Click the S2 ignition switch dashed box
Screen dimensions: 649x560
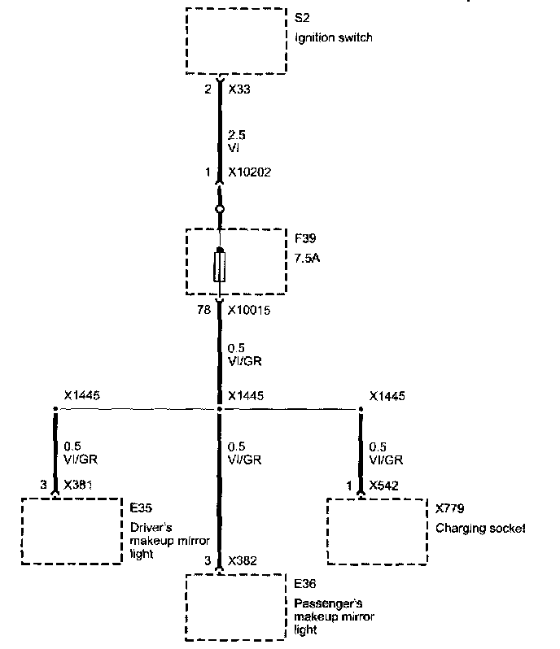(x=236, y=41)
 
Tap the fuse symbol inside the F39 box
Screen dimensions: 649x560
(x=219, y=266)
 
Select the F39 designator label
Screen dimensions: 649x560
(x=306, y=241)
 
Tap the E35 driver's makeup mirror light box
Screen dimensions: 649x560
(x=71, y=530)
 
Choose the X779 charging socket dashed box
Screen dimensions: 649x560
(x=377, y=530)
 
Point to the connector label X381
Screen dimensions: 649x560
(x=78, y=486)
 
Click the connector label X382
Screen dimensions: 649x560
(x=242, y=561)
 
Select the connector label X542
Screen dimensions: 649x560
(x=383, y=486)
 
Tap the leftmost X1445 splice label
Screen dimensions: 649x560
(x=81, y=396)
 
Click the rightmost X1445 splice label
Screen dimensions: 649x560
(x=387, y=396)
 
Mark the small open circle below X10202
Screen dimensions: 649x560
(x=219, y=210)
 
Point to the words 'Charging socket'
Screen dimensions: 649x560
(x=480, y=528)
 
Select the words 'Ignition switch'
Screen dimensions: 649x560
(x=334, y=37)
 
